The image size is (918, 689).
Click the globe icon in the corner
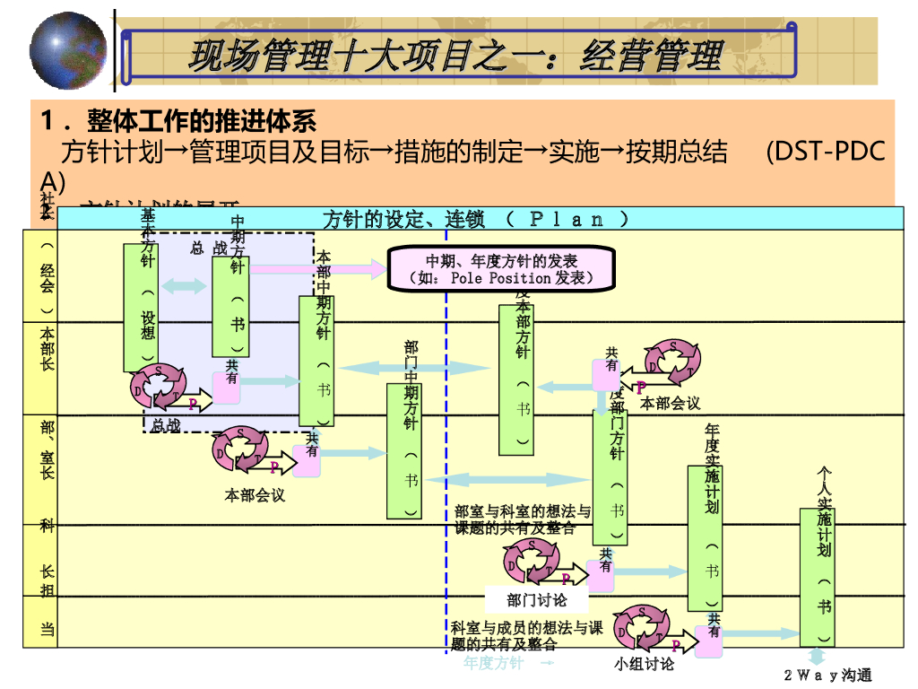[x=68, y=51]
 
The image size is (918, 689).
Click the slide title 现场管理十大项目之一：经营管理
[x=455, y=56]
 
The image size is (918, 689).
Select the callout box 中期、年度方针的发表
[x=501, y=268]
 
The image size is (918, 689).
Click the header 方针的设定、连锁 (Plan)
[x=475, y=219]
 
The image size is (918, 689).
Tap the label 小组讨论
[x=644, y=664]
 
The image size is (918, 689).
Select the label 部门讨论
[x=536, y=599]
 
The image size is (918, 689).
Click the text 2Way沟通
[x=827, y=675]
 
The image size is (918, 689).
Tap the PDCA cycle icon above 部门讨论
[x=534, y=562]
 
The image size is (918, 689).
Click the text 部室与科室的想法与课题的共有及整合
[x=523, y=519]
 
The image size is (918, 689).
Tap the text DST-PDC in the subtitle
[x=825, y=151]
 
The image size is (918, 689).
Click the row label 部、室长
[x=47, y=449]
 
